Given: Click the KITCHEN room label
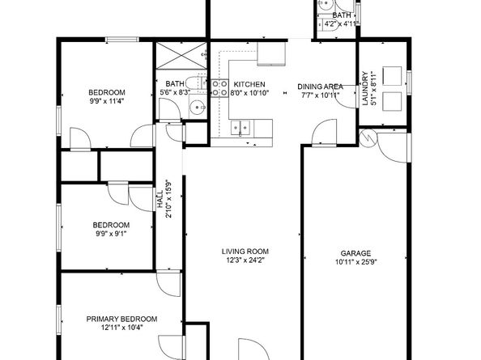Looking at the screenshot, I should pyautogui.click(x=249, y=84).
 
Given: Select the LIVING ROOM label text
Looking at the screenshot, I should pyautogui.click(x=245, y=251).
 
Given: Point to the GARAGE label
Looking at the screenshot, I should pyautogui.click(x=355, y=252).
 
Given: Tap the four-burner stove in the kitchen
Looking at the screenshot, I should pyautogui.click(x=219, y=87).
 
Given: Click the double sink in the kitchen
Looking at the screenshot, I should pyautogui.click(x=240, y=126).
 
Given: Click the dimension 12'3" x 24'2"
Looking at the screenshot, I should pyautogui.click(x=245, y=260).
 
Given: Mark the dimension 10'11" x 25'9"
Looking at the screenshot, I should pyautogui.click(x=355, y=262).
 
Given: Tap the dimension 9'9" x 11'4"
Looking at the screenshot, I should pyautogui.click(x=107, y=101).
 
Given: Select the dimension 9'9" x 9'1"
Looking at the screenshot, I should pyautogui.click(x=110, y=234).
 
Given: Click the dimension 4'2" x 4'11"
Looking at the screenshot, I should pyautogui.click(x=341, y=24).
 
